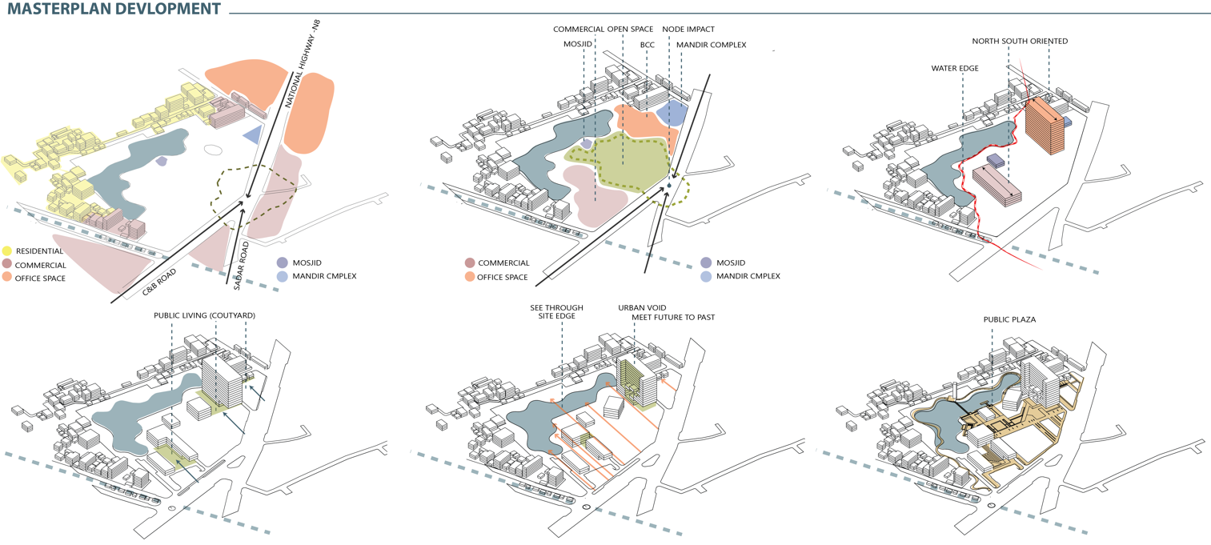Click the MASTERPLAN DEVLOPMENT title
click(114, 10)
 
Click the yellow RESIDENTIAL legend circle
click(8, 251)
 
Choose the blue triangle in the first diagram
click(253, 134)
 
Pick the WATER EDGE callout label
click(954, 69)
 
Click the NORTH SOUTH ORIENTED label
click(1019, 41)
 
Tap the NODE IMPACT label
click(688, 30)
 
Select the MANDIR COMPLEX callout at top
click(711, 45)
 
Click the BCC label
click(647, 45)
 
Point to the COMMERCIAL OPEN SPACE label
click(603, 30)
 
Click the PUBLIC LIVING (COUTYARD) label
click(204, 315)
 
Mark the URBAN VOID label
click(642, 307)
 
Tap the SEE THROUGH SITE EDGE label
click(556, 312)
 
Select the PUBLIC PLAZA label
click(1009, 319)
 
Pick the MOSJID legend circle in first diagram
click(282, 262)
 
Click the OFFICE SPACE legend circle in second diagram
click(469, 277)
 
